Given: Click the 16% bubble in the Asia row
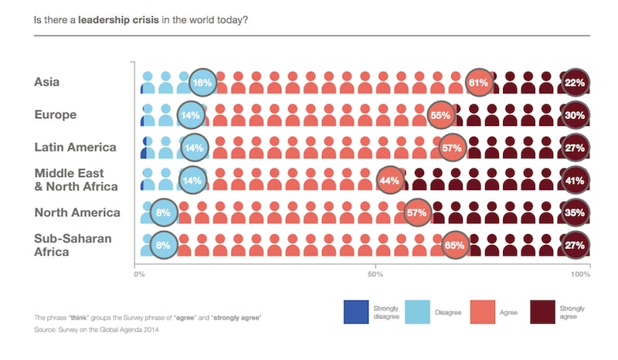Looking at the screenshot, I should coord(202,82).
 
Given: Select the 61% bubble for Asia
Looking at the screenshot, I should coord(479,82).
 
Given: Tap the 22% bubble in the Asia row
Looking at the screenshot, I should coord(576,82).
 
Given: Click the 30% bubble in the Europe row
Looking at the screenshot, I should coord(576,115).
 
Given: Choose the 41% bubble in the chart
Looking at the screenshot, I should coord(576,180).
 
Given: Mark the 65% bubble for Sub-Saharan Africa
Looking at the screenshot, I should coord(454,245).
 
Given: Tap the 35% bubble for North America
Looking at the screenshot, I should coord(576,212).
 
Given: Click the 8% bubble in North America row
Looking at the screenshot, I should coord(164,212).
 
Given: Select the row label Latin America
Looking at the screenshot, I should coord(75,147).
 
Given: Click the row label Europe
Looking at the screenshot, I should coord(55,114).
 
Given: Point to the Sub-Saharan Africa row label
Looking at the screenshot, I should coord(73,245).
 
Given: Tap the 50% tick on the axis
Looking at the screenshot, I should coord(375,274).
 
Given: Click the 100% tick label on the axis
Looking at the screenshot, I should coord(579,274).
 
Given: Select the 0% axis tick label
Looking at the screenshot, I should coord(140,274).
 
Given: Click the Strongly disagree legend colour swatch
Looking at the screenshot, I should coord(356,311).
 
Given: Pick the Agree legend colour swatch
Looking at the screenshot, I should coord(479,311).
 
